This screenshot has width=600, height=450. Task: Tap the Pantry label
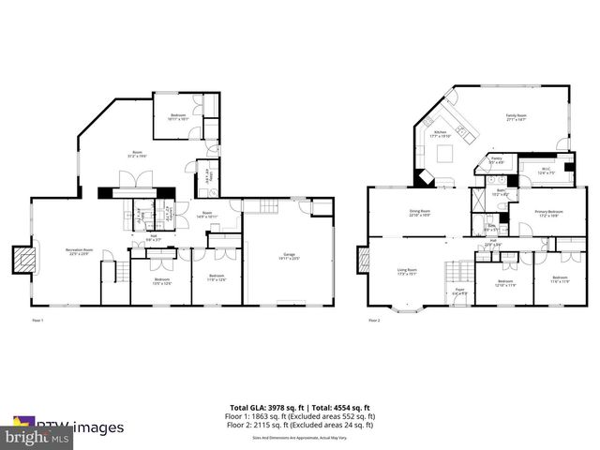(497, 159)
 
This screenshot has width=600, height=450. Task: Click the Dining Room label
(418, 213)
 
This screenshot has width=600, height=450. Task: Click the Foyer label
(457, 292)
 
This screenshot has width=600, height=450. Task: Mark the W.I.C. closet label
(547, 171)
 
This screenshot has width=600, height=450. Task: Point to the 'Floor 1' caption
(37, 321)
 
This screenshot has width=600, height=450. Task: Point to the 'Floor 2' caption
(374, 321)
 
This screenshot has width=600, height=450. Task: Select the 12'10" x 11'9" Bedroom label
(505, 282)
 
